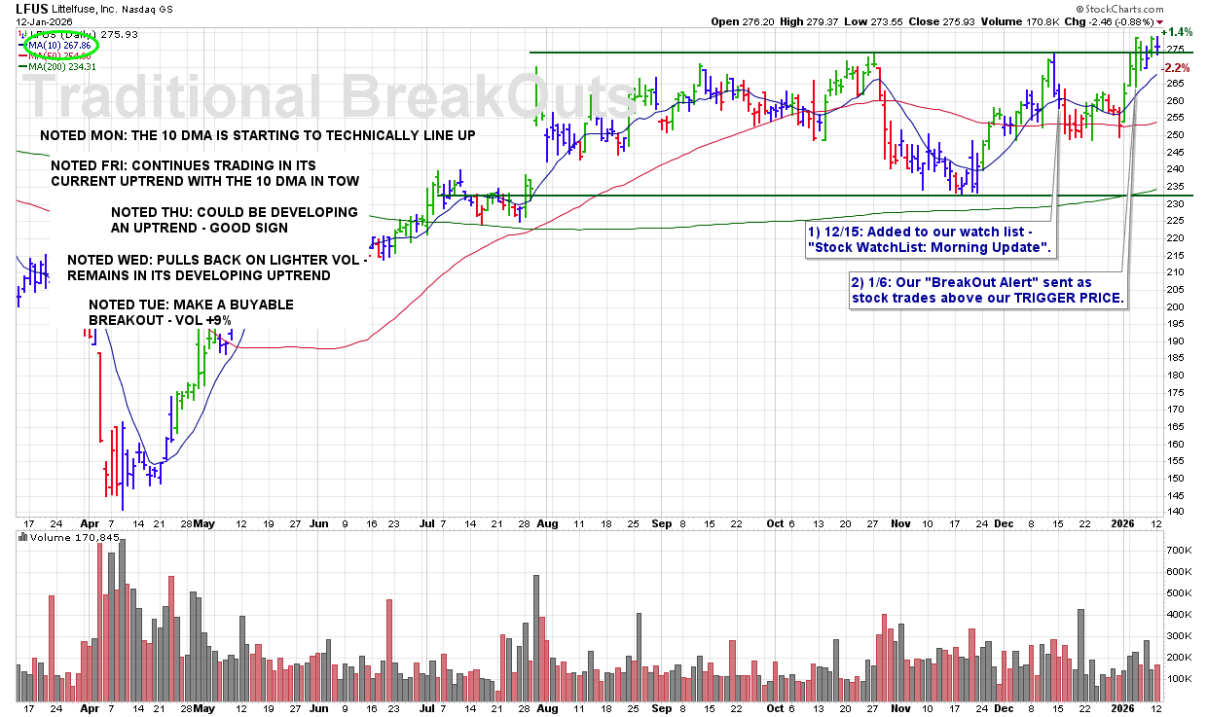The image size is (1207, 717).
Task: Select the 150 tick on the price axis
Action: tap(1174, 478)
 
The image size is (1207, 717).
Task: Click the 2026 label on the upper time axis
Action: tap(1125, 522)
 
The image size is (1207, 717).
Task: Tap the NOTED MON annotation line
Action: tap(258, 135)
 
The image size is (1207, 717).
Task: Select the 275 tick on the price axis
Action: tap(1174, 49)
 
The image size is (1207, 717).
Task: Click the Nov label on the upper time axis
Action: tap(900, 522)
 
